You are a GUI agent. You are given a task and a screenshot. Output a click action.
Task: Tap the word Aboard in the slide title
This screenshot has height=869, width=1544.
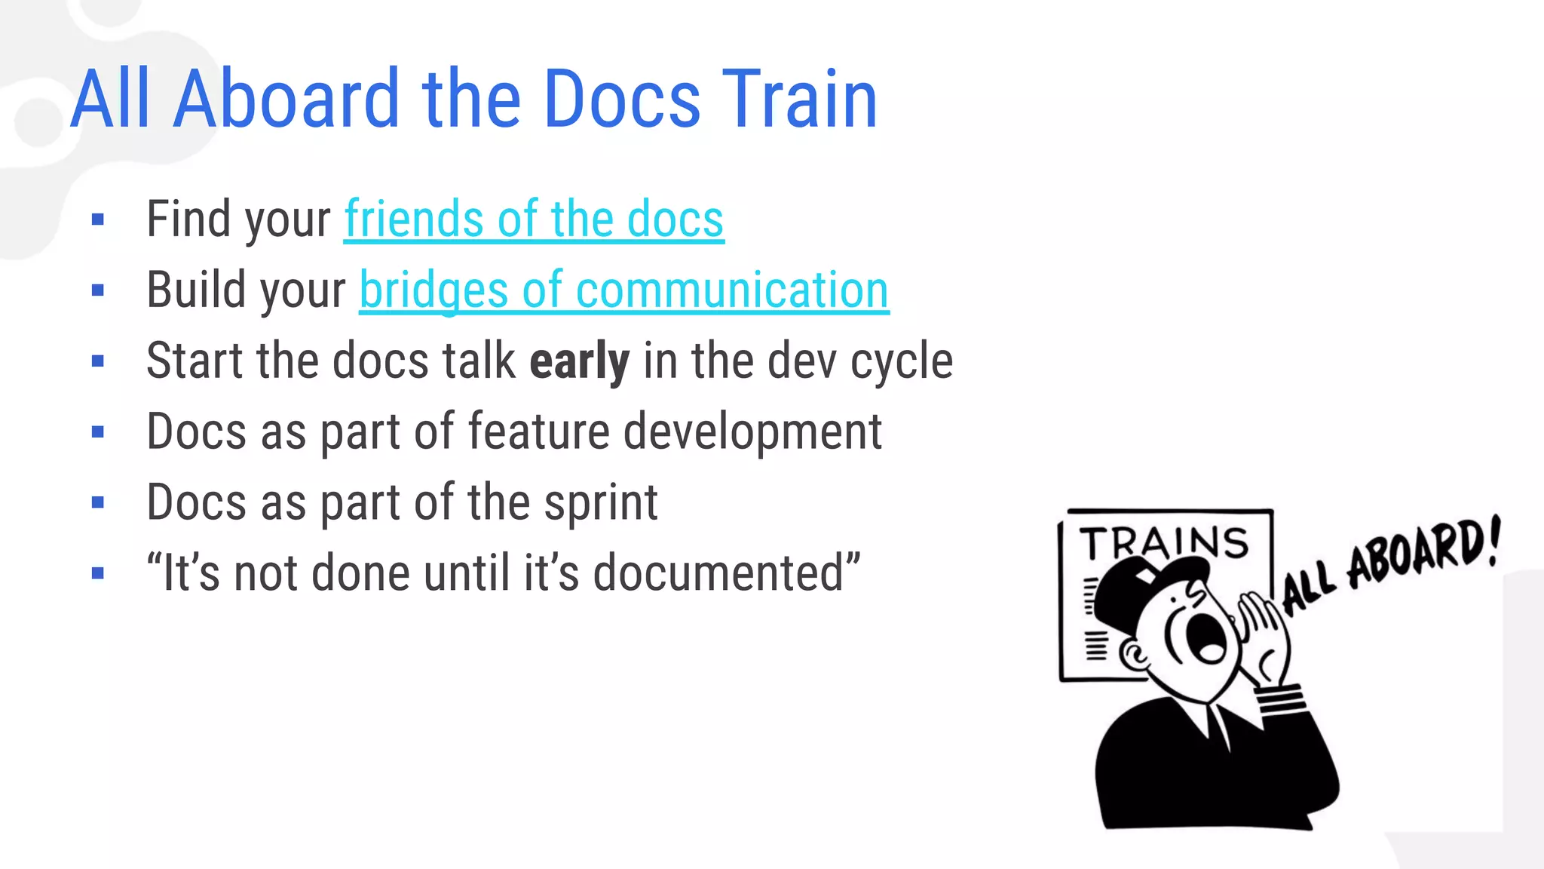286,99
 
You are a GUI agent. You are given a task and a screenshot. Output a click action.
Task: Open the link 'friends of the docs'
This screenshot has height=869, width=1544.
534,220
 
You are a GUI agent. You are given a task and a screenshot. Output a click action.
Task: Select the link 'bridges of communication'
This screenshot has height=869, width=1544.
623,290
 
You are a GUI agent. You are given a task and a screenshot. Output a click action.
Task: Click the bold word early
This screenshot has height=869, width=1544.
579,361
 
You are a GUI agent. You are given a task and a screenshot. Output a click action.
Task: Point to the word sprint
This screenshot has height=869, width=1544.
601,502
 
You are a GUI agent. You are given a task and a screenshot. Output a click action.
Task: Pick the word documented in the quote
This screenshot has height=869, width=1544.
722,573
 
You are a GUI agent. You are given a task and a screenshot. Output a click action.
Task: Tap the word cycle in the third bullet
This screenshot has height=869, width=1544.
902,361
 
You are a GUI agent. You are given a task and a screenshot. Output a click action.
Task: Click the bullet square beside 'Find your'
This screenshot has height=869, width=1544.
97,220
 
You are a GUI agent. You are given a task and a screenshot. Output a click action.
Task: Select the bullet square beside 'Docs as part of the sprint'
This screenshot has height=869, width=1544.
97,502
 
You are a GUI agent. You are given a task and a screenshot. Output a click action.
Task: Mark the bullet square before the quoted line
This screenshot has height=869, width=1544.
97,573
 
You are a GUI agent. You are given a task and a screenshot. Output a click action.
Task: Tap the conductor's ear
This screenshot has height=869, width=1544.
1132,655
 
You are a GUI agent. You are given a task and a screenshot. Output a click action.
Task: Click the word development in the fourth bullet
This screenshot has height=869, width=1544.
752,431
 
